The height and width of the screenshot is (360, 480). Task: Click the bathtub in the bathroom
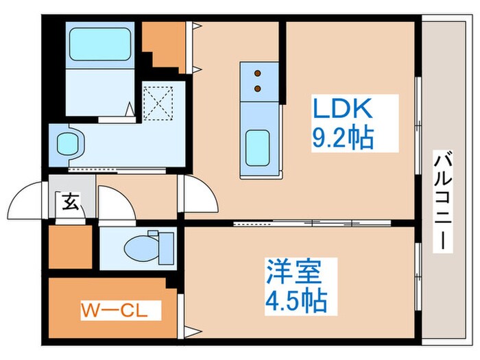(101, 45)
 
